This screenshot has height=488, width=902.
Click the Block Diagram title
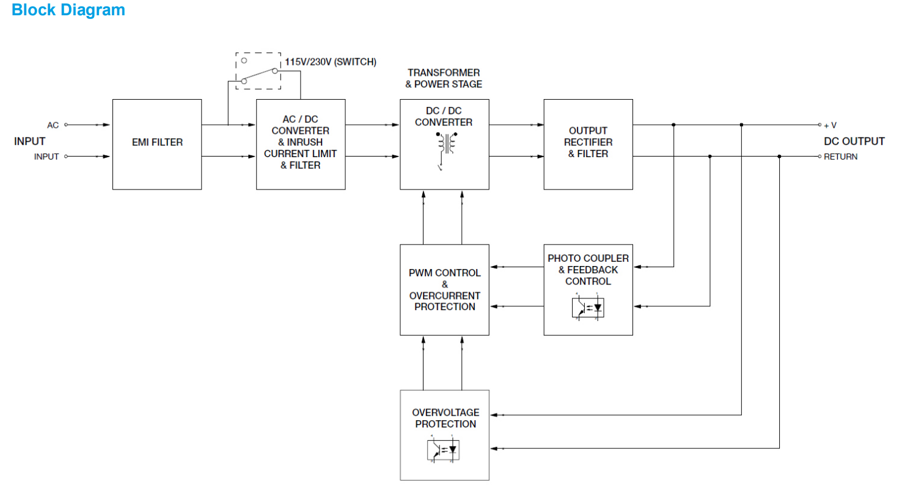pos(68,10)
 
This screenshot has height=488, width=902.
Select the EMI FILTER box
pos(157,143)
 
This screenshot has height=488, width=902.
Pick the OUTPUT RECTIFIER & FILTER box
pos(588,143)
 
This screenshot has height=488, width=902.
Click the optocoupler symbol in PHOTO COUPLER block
pos(588,307)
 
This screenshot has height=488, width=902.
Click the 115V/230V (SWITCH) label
pos(331,62)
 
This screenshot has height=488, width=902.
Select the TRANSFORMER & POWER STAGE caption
pos(444,78)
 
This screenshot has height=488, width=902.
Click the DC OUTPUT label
pos(854,141)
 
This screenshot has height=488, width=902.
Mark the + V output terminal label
pos(830,125)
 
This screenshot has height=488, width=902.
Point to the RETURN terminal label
pos(840,157)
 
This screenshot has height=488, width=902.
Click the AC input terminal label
pos(53,125)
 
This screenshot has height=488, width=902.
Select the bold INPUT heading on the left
pos(30,141)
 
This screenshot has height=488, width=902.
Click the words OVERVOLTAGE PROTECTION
pos(445,418)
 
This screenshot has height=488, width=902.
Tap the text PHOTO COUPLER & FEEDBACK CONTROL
pos(588,270)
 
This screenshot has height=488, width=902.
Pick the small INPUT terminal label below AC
pos(46,157)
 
